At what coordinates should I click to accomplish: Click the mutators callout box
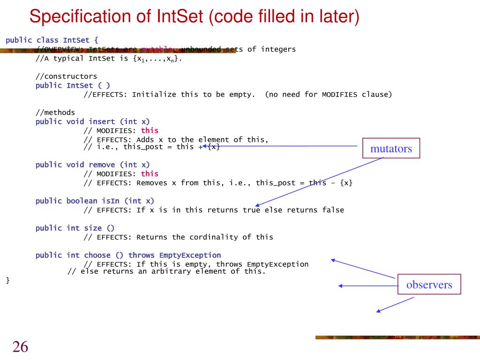[x=391, y=149]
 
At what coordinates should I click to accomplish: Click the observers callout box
[x=429, y=285]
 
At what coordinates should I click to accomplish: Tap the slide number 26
[x=20, y=347]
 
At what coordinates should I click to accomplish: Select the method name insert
[x=102, y=121]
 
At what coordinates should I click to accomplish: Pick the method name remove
[x=102, y=165]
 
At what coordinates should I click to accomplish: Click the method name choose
[x=97, y=255]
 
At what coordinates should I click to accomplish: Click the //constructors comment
[x=67, y=76]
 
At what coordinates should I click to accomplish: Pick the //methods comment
[x=55, y=112]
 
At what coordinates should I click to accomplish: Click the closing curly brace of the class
[x=7, y=280]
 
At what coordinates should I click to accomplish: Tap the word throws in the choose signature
[x=142, y=255]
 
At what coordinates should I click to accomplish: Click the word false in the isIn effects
[x=333, y=210]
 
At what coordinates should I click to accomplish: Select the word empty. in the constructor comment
[x=242, y=94]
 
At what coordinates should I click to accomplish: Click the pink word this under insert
[x=150, y=130]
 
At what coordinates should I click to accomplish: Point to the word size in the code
[x=93, y=228]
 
